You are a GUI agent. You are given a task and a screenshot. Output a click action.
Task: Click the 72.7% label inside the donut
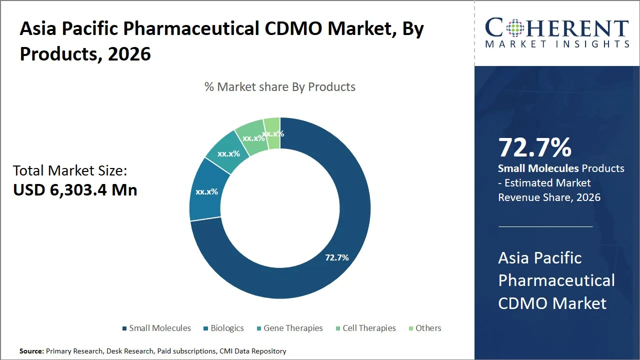[x=336, y=258]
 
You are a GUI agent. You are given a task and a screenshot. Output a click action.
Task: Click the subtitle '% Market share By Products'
[x=280, y=87]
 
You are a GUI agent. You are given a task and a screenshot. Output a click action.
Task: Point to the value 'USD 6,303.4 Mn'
[x=75, y=190]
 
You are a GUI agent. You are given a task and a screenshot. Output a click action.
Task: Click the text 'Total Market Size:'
[x=70, y=171]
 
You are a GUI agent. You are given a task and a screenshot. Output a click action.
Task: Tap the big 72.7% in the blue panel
[x=534, y=148]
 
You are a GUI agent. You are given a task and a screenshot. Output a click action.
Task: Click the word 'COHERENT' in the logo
[x=557, y=28]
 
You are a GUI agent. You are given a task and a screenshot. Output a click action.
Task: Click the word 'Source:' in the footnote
[x=32, y=351]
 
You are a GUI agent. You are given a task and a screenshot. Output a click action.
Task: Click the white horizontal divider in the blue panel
[x=545, y=226]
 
